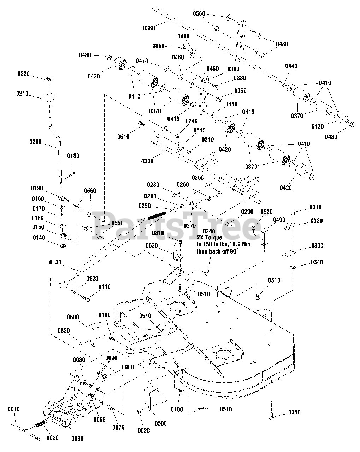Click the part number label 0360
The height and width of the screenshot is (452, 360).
[149, 28]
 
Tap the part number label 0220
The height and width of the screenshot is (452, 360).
[24, 74]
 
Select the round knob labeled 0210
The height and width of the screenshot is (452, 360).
[49, 98]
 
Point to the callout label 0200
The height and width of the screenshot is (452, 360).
[36, 142]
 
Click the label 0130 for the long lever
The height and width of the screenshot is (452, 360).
[55, 262]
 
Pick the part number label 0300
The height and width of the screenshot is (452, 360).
[147, 161]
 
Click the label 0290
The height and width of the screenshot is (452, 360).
[247, 212]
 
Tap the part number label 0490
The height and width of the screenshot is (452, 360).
[279, 220]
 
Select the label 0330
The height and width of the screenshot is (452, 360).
[317, 245]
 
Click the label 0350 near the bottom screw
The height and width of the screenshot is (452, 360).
[294, 412]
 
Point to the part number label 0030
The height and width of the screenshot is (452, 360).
[78, 439]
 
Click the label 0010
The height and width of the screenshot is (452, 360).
[14, 409]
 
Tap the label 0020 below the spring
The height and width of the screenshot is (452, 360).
[53, 438]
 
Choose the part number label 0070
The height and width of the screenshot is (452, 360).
[119, 427]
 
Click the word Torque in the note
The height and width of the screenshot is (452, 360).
[213, 238]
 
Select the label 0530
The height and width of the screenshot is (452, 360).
[152, 245]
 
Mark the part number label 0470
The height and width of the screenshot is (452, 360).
[142, 61]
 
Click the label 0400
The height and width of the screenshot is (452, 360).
[183, 36]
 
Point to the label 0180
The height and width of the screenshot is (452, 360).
[73, 156]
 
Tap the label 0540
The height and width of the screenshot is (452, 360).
[199, 130]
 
